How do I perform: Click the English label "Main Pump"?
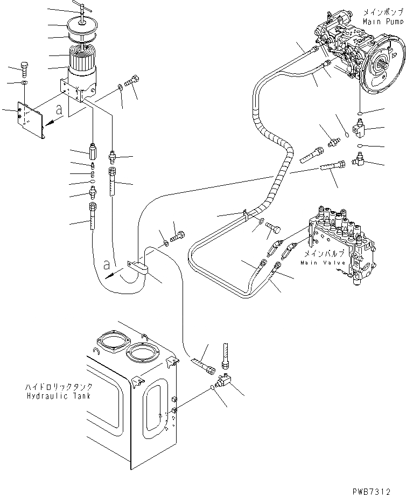(382, 22)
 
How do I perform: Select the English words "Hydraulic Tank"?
(59, 396)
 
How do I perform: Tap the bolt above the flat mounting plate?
(24, 68)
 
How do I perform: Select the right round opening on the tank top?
(142, 357)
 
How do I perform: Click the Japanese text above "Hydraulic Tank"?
(59, 387)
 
